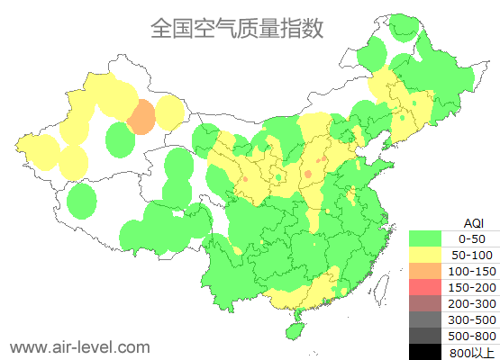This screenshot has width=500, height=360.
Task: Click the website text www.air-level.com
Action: tap(80, 346)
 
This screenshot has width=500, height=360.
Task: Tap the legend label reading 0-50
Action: tap(471, 238)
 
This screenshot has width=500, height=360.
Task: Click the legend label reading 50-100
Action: tap(471, 255)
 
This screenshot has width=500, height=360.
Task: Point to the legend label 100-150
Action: tap(471, 271)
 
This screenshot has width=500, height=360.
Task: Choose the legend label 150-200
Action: tap(471, 287)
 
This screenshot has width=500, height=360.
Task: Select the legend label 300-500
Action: tap(471, 319)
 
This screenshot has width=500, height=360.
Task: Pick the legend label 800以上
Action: tap(471, 352)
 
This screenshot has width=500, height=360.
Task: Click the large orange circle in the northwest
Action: tap(141, 117)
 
